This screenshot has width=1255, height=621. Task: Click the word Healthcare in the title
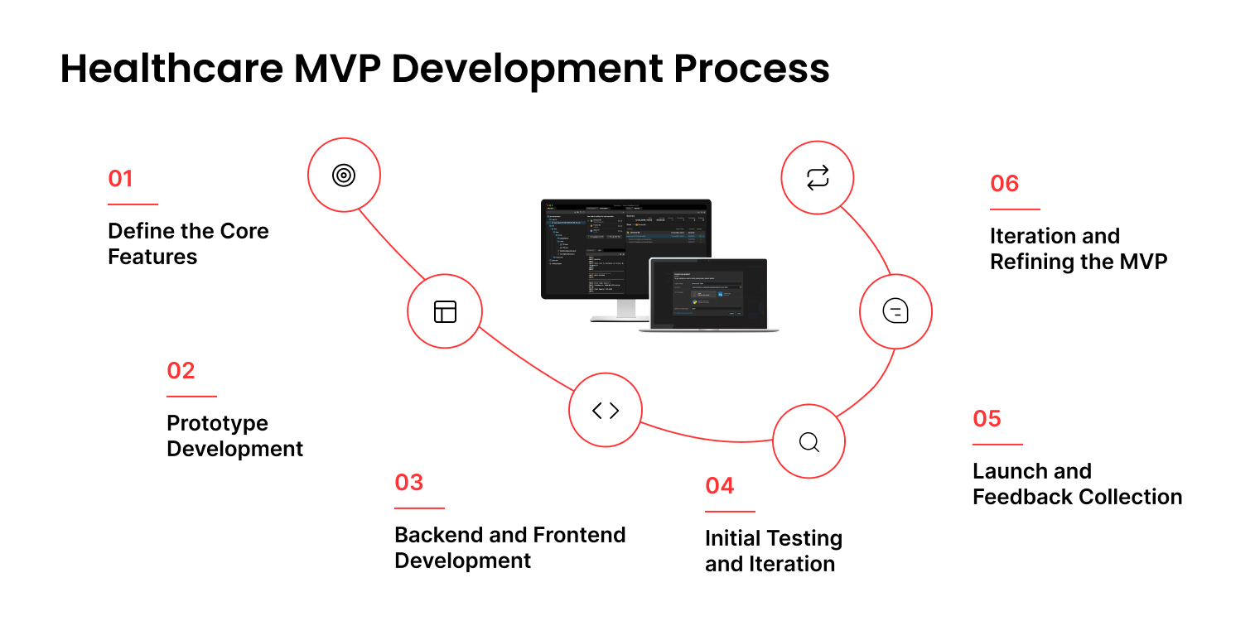pyautogui.click(x=169, y=69)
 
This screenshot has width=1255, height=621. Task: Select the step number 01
pyautogui.click(x=120, y=179)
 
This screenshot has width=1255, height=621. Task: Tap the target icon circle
pyautogui.click(x=344, y=175)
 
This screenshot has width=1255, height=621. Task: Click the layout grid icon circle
pyautogui.click(x=445, y=311)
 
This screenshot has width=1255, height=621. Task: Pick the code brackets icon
pyautogui.click(x=606, y=410)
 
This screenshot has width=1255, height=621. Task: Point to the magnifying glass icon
pyautogui.click(x=809, y=441)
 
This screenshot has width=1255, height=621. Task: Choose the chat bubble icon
pyautogui.click(x=895, y=311)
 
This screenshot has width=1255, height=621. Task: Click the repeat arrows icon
pyautogui.click(x=818, y=177)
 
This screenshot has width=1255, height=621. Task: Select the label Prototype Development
pyautogui.click(x=234, y=436)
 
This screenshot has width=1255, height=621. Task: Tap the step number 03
pyautogui.click(x=409, y=482)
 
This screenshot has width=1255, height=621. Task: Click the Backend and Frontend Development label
pyautogui.click(x=509, y=547)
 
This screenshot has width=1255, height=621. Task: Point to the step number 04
pyautogui.click(x=720, y=485)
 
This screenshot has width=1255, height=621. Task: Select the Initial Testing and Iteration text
pyautogui.click(x=773, y=551)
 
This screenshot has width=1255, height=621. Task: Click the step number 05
pyautogui.click(x=987, y=418)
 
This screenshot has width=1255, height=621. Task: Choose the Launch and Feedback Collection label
pyautogui.click(x=1077, y=484)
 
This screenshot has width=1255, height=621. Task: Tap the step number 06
pyautogui.click(x=1004, y=183)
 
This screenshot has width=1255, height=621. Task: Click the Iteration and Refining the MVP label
pyautogui.click(x=1079, y=248)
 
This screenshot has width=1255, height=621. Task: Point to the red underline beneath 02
pyautogui.click(x=191, y=397)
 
